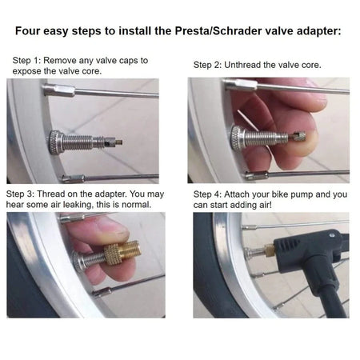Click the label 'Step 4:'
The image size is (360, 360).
click(210, 194)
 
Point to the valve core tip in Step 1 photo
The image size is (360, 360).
click(118, 144)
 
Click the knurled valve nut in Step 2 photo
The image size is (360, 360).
click(239, 136)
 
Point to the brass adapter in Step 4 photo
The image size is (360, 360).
click(270, 251)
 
